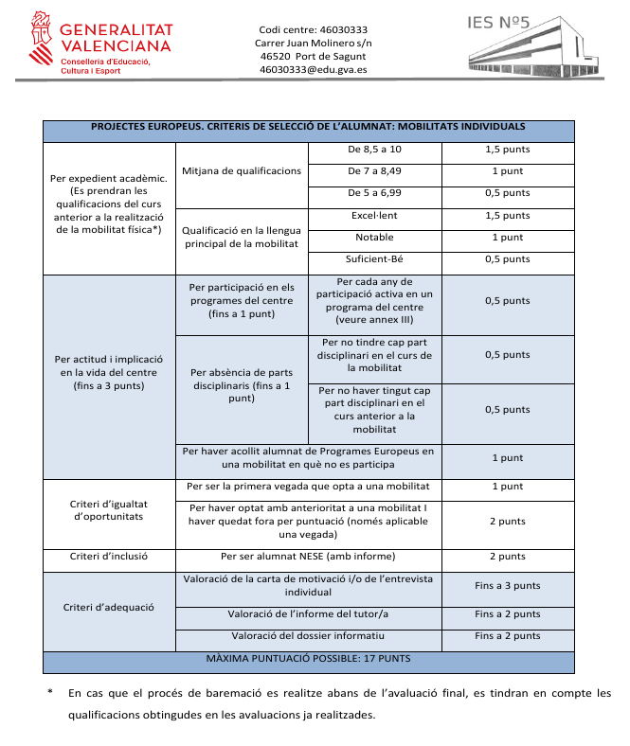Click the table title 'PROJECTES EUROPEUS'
pos(308,126)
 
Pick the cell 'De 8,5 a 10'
pos(374,150)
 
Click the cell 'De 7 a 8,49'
pos(374,171)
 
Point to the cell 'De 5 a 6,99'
pos(374,193)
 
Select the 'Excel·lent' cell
pos(374,216)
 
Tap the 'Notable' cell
pos(374,238)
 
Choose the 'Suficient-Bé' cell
pos(374,259)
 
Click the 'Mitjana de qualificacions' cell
pos(242,171)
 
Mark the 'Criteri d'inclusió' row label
pos(109,557)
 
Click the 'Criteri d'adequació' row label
pos(109,607)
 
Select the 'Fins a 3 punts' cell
pos(508,585)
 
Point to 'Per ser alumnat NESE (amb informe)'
pos(308,557)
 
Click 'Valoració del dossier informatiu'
pos(308,636)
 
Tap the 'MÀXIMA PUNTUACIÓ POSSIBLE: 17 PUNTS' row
pos(308,658)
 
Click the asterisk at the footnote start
pos(50,693)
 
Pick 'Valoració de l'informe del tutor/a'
pos(308,614)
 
